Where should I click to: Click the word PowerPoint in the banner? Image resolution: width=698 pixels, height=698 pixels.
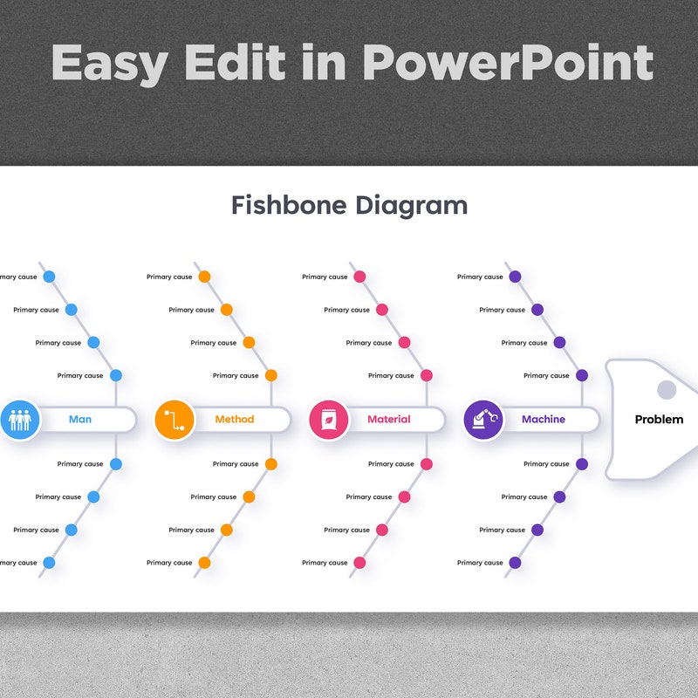508,63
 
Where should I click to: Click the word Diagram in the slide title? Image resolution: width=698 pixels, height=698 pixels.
412,205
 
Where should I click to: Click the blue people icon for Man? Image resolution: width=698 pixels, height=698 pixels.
20,420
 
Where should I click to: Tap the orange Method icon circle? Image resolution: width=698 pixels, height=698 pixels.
174,420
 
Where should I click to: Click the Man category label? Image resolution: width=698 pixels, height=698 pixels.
80,420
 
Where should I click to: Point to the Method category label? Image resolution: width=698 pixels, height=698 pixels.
235,420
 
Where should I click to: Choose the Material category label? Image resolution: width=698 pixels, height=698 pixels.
389,420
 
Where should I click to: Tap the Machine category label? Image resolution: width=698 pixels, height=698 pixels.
544,420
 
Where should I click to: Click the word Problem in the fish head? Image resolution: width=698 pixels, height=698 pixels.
659,420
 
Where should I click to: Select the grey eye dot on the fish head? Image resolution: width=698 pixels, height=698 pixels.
667,389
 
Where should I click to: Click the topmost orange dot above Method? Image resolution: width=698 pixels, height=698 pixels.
204,277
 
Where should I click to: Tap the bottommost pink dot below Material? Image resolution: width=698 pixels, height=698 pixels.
359,563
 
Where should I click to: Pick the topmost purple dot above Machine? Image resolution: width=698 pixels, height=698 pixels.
515,277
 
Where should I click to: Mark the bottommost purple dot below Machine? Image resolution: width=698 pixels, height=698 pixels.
515,563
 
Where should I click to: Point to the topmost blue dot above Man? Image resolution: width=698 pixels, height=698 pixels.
49,277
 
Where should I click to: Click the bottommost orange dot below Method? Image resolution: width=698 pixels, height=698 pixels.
204,563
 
